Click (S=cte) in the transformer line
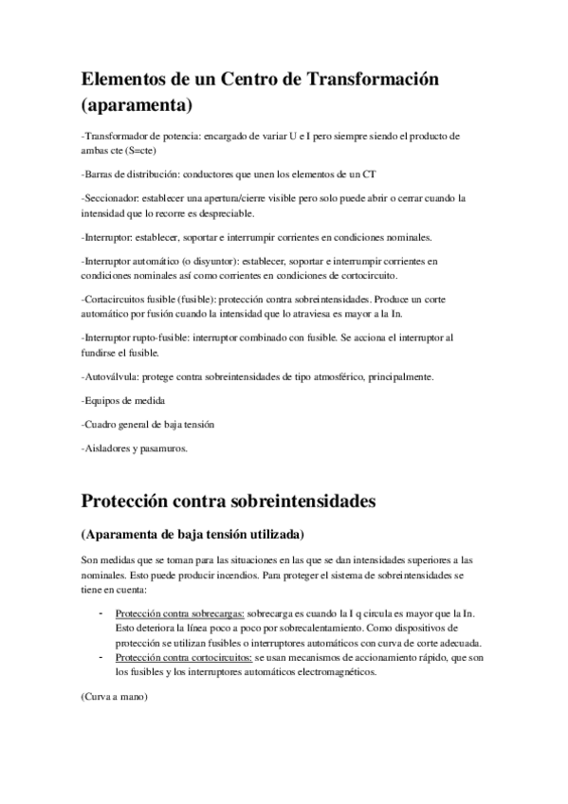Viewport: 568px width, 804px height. point(138,150)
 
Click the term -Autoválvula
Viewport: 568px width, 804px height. point(110,376)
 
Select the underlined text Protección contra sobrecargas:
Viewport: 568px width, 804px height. point(179,614)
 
